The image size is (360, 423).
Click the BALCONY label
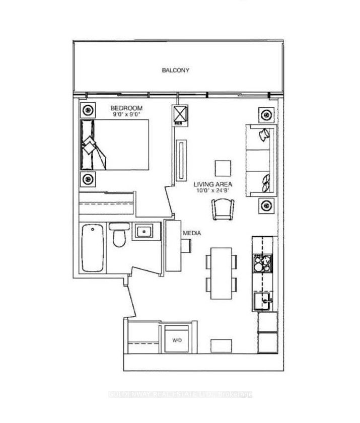(x=175, y=70)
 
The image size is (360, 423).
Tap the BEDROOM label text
(x=126, y=108)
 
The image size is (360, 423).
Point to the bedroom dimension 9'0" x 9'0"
(x=126, y=114)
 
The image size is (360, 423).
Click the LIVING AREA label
(x=213, y=184)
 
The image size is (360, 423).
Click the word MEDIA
(x=192, y=233)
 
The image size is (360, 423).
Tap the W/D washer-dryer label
(x=177, y=340)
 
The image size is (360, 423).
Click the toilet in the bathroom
(x=119, y=235)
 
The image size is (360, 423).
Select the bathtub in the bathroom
(x=93, y=248)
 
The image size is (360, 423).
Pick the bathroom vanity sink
(x=143, y=231)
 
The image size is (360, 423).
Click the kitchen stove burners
(x=262, y=263)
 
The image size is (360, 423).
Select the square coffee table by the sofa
(x=223, y=168)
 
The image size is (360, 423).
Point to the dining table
(x=221, y=273)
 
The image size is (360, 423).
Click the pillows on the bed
(x=89, y=145)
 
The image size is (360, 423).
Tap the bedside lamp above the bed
(x=88, y=110)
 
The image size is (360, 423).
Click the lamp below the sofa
(x=266, y=206)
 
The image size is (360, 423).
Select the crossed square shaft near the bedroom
(x=180, y=114)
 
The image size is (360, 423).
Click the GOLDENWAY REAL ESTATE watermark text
(x=180, y=394)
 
